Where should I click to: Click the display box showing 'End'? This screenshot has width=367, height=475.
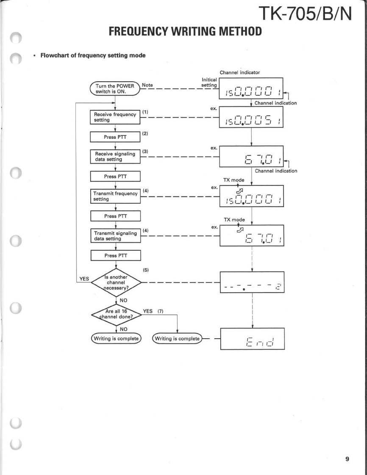click(x=252, y=338)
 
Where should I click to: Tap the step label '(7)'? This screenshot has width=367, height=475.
click(x=161, y=311)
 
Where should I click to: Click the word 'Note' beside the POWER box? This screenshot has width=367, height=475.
click(x=147, y=85)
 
